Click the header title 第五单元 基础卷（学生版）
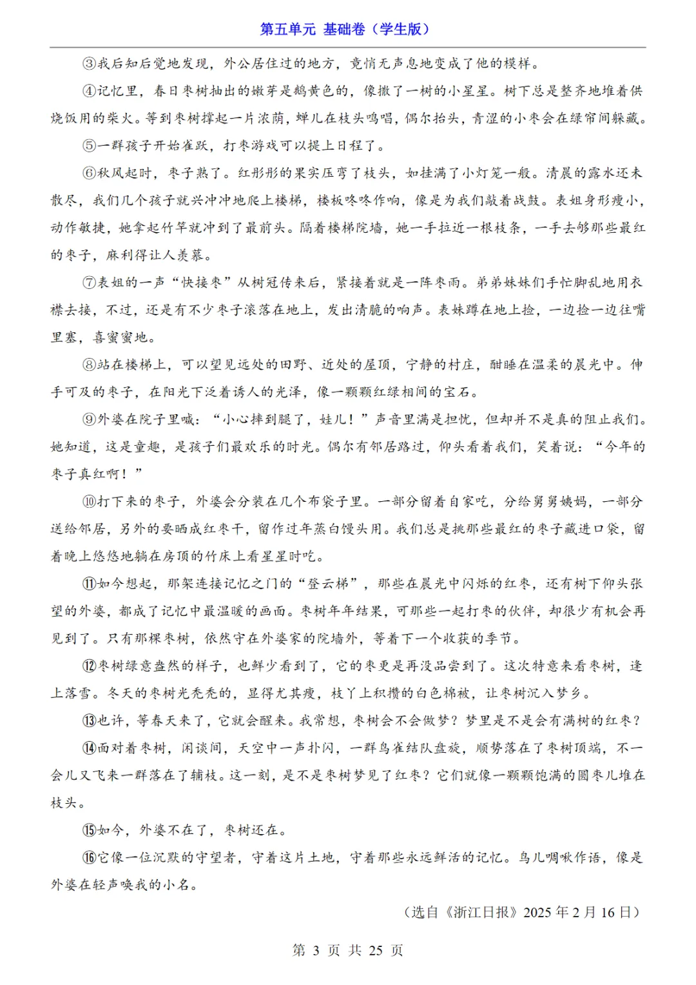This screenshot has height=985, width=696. click(x=345, y=29)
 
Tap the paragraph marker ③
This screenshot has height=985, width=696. click(x=89, y=63)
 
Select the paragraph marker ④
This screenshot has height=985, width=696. click(x=89, y=91)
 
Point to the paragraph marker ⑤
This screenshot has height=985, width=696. click(x=89, y=146)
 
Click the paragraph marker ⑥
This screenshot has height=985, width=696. click(x=89, y=173)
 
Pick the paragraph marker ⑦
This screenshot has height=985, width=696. click(x=89, y=283)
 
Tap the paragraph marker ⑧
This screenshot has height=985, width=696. click(x=89, y=365)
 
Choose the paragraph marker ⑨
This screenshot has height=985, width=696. click(x=89, y=420)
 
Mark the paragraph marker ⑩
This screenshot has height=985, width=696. click(x=89, y=502)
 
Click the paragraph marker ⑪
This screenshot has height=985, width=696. click(x=89, y=584)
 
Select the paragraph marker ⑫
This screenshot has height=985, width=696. click(x=89, y=666)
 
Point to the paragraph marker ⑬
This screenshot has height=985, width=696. click(x=89, y=721)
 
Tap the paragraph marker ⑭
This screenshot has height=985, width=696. click(x=89, y=748)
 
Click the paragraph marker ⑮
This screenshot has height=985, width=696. click(x=89, y=830)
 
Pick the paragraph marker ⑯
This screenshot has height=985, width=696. click(x=89, y=858)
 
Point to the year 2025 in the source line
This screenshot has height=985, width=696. click(x=537, y=912)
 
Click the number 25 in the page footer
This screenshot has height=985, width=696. click(x=376, y=950)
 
